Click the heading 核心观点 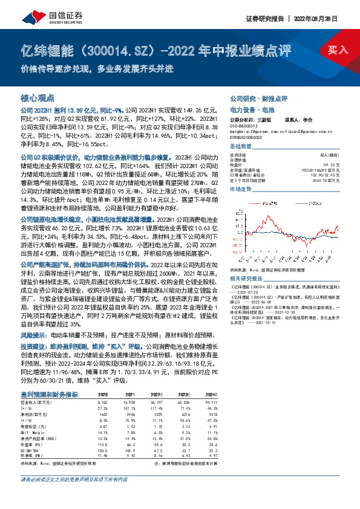(38, 97)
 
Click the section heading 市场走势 (241, 189)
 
